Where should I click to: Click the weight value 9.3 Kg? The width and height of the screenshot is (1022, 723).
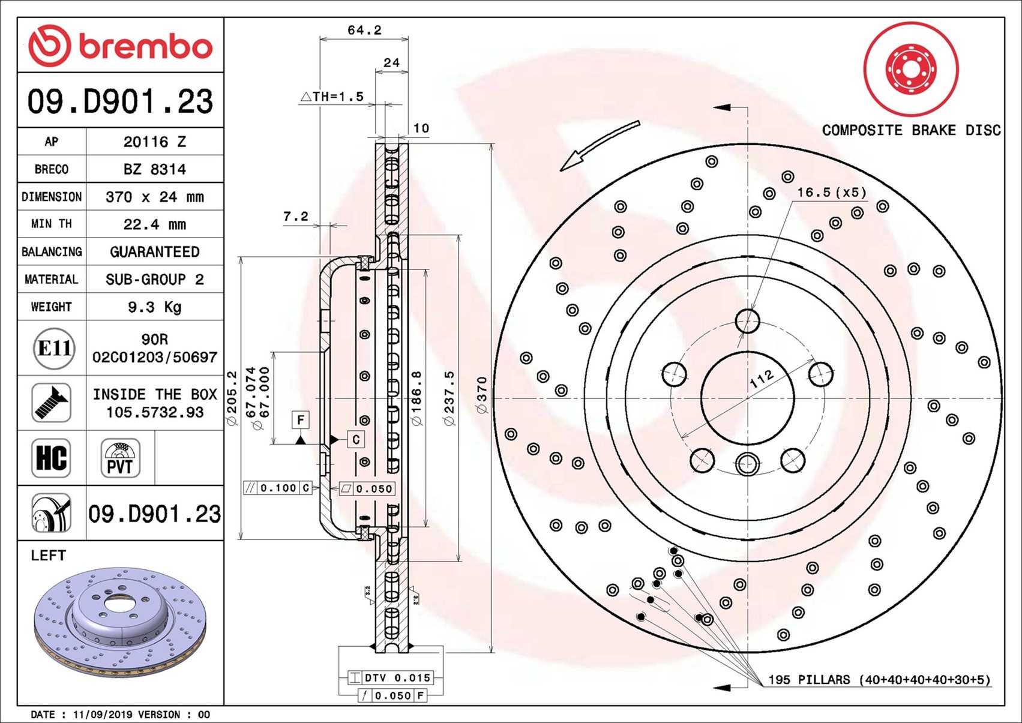154,307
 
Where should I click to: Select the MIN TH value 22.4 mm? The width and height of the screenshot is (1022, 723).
154,224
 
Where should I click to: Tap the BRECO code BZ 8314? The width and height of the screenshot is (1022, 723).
154,169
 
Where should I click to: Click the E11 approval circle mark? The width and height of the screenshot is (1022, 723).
54,348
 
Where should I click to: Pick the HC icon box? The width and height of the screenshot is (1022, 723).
51,458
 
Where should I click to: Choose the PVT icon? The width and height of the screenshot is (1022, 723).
120,458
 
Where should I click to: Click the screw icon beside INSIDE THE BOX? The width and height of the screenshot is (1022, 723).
51,403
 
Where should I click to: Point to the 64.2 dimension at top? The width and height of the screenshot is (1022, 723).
364,30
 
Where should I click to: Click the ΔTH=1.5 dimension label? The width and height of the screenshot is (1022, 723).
332,96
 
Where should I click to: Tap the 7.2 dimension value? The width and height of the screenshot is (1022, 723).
295,216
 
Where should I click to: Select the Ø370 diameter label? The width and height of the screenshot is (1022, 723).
482,395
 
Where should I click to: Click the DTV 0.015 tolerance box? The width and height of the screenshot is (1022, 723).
391,677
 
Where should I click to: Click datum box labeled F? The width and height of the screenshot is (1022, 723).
301,419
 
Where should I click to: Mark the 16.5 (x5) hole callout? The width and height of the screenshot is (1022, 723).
831,192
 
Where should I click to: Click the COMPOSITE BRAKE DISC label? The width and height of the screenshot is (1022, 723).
911,130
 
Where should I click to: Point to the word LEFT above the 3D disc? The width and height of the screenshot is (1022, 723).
48,555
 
